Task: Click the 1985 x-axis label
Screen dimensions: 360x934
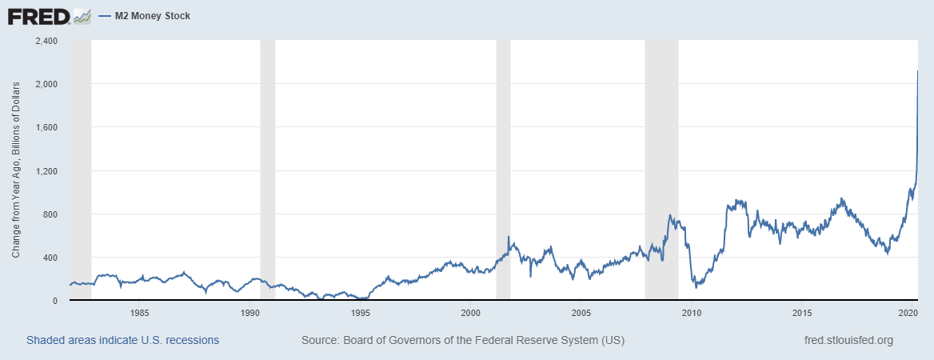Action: (139, 312)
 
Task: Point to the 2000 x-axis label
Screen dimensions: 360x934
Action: (470, 312)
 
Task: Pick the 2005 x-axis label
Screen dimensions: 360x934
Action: (581, 312)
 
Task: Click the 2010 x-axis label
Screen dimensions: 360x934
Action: (691, 312)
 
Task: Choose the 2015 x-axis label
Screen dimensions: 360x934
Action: (801, 312)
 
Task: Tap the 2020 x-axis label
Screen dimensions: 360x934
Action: (908, 312)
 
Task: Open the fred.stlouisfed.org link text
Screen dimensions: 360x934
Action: (848, 340)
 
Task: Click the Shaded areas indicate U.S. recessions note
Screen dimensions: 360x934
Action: (122, 340)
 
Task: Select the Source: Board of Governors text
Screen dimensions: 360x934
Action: (462, 340)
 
